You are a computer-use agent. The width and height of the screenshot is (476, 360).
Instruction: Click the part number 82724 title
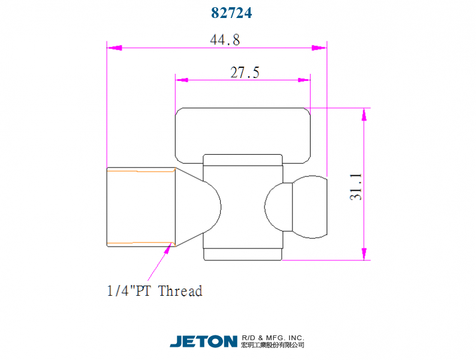231,13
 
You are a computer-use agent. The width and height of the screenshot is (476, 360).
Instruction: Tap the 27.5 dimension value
245,73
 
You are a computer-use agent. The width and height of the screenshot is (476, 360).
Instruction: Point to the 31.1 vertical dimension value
356,186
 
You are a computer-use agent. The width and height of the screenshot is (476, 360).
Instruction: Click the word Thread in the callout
180,292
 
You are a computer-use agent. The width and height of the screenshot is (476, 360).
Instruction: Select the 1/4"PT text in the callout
129,292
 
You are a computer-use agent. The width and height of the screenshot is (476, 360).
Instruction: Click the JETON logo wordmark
203,341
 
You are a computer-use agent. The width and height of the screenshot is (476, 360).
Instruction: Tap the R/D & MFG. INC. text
272,337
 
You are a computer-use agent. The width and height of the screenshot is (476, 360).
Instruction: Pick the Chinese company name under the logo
272,345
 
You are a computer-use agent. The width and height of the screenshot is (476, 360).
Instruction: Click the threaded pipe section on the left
140,207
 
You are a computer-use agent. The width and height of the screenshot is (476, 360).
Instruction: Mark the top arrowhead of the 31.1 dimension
363,115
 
